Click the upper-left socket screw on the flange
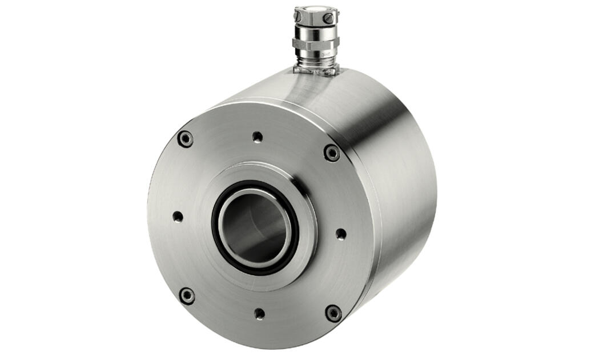(185, 139)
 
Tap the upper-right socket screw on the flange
(332, 153)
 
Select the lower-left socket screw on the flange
(187, 295)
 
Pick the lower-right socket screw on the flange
(333, 313)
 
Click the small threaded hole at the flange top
(258, 137)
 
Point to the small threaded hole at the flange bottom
(259, 314)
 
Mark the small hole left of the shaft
(178, 217)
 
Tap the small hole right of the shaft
(341, 234)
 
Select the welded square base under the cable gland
(316, 70)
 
